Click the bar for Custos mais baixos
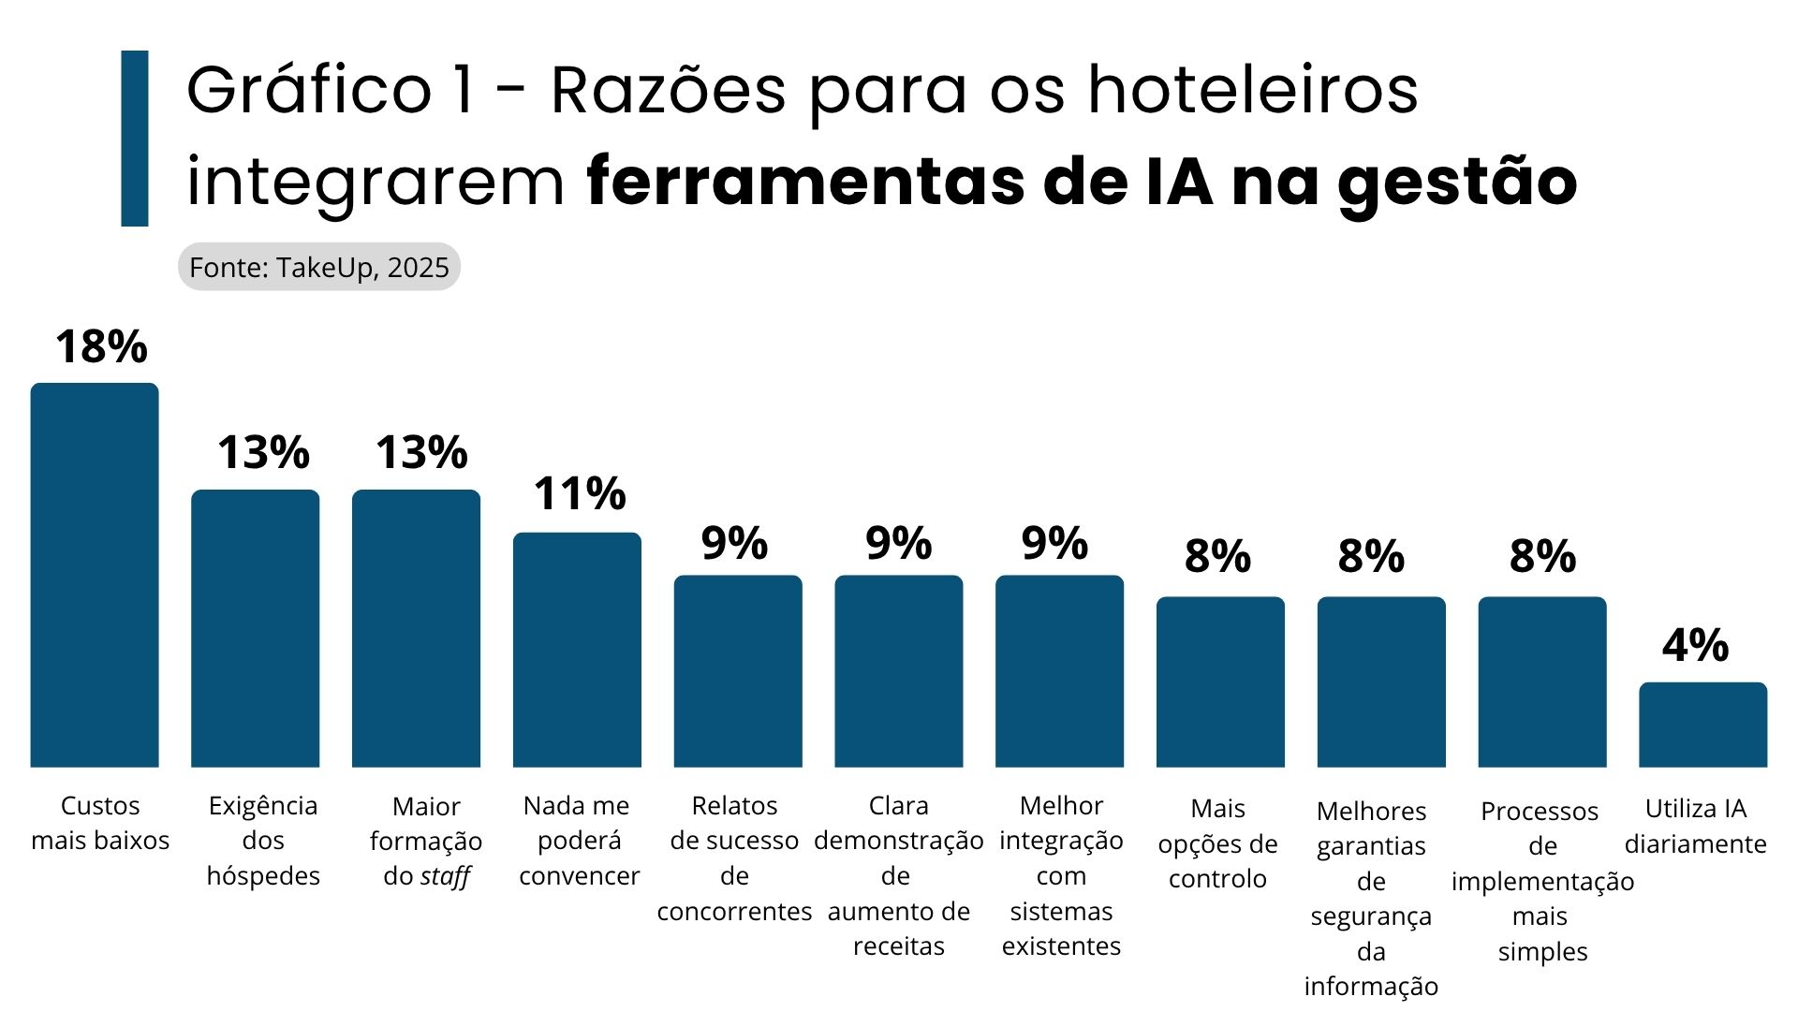(95, 575)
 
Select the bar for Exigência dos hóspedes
(255, 628)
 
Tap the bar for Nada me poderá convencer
(577, 650)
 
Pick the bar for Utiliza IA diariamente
(1702, 725)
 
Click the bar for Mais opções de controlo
(1220, 681)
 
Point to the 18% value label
(101, 347)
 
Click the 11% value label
(580, 494)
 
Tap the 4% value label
(1695, 646)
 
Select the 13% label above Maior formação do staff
(421, 453)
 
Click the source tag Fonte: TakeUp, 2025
(319, 268)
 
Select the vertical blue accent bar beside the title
(135, 139)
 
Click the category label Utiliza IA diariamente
(1695, 826)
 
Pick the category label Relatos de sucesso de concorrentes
(734, 857)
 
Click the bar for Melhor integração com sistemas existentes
(1059, 671)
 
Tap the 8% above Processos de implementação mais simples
(1542, 557)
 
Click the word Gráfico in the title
(309, 91)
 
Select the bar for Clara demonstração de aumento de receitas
(898, 671)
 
